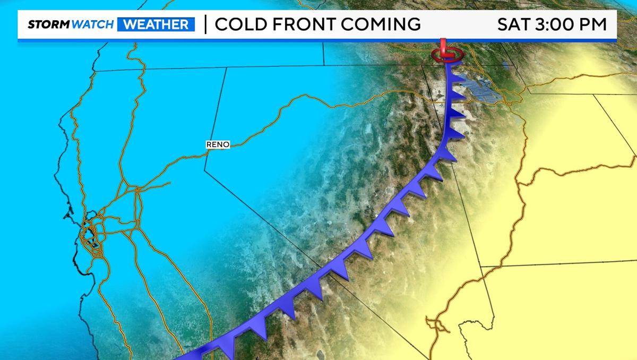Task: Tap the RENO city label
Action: pyautogui.click(x=218, y=144)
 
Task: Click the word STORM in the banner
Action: pyautogui.click(x=47, y=24)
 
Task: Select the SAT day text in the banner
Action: pyautogui.click(x=514, y=24)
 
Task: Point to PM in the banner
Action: pyautogui.click(x=596, y=24)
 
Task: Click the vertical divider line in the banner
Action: pyautogui.click(x=205, y=24)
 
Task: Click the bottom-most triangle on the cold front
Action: pyautogui.click(x=225, y=351)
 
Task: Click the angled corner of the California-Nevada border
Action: pyautogui.click(x=205, y=171)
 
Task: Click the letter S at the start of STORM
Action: pyautogui.click(x=31, y=24)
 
